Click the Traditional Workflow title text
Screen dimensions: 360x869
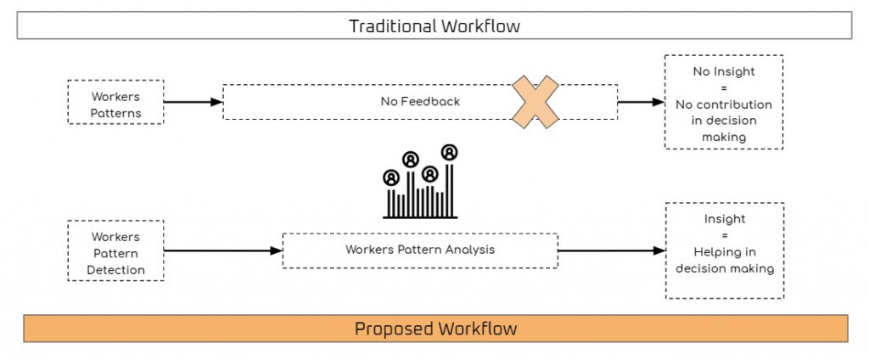[x=434, y=25]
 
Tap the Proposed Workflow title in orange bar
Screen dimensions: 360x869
[x=435, y=328]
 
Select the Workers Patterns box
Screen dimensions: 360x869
[x=115, y=103]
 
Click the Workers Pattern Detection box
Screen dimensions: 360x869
[x=115, y=252]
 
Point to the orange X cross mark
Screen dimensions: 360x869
[x=534, y=102]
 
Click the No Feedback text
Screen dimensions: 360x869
[x=420, y=102]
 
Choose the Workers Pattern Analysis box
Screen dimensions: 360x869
[x=420, y=250]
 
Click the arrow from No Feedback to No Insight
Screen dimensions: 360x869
[x=641, y=102]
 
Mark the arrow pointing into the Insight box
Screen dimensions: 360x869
[x=611, y=250]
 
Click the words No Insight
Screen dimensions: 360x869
[x=723, y=71]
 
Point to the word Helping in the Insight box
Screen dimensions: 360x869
[x=724, y=252]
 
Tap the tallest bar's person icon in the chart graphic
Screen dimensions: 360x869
[x=450, y=152]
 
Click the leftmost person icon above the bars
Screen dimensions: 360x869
[x=390, y=178]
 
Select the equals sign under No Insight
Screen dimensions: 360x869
[x=723, y=87]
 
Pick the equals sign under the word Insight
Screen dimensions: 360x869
[x=724, y=235]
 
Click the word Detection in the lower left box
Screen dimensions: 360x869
[x=115, y=269]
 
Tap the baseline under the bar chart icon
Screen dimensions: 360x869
[x=420, y=217]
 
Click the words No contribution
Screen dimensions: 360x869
[x=723, y=104]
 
